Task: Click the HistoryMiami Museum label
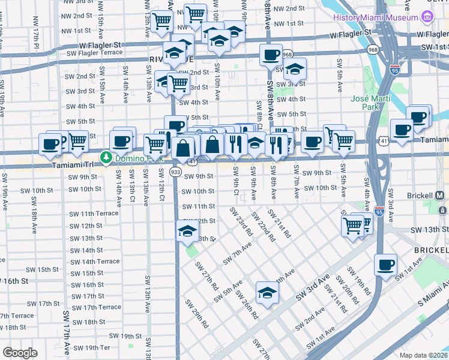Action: point(372,17)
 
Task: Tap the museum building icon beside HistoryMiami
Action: point(427,17)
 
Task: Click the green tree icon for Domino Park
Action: point(106,157)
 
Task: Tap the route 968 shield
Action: point(288,54)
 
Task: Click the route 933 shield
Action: point(175,172)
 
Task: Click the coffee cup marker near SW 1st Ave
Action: point(385,264)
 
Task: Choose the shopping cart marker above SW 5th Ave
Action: point(343,141)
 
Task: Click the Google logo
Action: point(20,353)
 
